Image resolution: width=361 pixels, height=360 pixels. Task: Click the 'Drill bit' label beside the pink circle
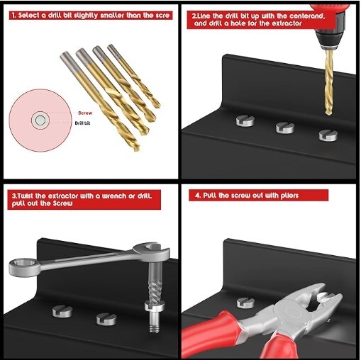[83, 123]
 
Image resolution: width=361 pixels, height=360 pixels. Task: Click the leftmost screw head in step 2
[246, 121]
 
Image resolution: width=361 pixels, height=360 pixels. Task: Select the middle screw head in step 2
[285, 128]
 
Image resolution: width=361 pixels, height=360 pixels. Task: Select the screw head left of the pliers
[245, 303]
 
